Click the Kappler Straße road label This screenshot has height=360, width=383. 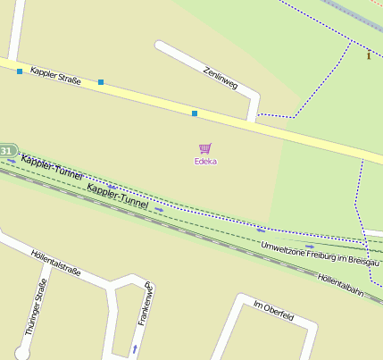click(55, 76)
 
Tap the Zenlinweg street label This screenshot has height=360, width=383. click(221, 78)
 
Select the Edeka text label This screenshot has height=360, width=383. click(205, 162)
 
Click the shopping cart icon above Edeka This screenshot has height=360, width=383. click(205, 148)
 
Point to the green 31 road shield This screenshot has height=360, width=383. click(7, 151)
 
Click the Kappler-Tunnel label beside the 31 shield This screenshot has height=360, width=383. click(51, 167)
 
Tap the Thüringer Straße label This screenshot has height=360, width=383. click(36, 306)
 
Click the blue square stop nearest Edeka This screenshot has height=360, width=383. click(195, 113)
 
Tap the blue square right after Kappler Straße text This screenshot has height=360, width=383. click(101, 83)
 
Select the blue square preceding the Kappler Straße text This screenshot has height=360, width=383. click(19, 71)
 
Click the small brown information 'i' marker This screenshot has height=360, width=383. click(369, 55)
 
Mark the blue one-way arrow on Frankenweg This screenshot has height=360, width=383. click(135, 347)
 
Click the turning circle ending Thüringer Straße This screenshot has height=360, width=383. click(21, 352)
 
